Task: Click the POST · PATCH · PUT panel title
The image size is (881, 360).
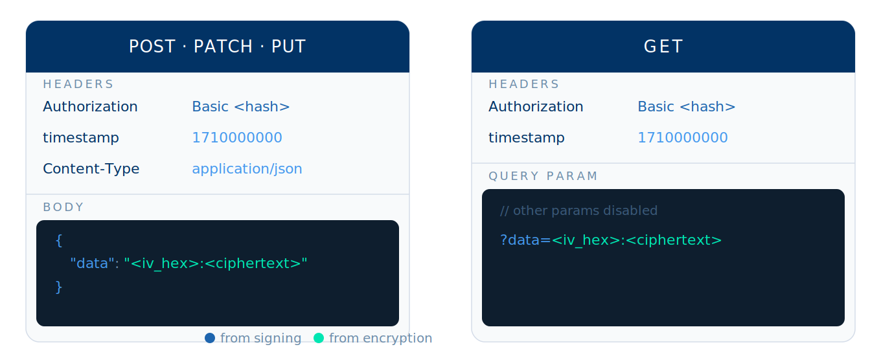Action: tap(217, 47)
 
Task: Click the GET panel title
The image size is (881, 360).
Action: tap(663, 47)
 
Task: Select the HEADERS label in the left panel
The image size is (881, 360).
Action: tap(78, 84)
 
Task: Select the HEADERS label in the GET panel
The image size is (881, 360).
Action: tap(524, 84)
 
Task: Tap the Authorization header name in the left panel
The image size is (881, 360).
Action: tap(90, 106)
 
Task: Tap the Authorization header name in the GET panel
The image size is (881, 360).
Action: tap(536, 106)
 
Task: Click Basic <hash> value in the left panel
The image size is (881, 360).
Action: tap(241, 106)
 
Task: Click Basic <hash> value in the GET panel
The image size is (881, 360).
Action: tap(686, 106)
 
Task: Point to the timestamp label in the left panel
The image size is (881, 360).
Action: tap(80, 137)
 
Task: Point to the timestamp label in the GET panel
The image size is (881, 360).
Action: tap(526, 137)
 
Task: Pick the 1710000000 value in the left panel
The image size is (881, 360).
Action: tap(237, 137)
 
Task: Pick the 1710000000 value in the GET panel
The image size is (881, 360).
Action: tap(682, 137)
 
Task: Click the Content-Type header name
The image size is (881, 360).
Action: tap(91, 168)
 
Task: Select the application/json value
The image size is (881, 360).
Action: tap(247, 168)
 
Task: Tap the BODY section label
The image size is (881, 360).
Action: tap(63, 207)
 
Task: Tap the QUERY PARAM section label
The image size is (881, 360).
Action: tap(543, 176)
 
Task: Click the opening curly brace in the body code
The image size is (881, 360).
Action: tap(59, 240)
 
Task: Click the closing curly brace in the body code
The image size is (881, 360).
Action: tap(59, 287)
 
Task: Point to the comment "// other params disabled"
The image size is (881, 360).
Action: tap(578, 210)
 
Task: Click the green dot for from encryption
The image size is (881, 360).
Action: tap(319, 338)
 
